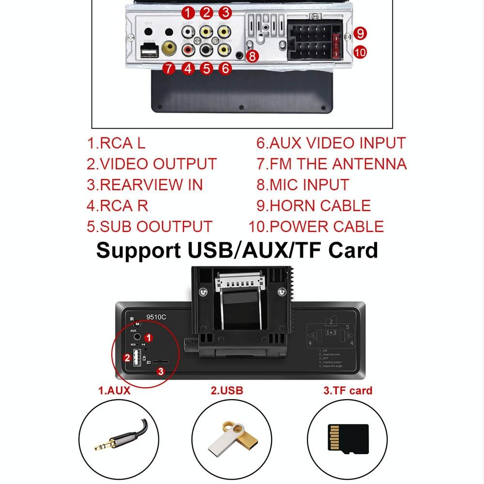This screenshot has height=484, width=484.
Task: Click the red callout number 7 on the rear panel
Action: point(168,69)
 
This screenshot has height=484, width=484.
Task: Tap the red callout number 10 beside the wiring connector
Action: point(360,52)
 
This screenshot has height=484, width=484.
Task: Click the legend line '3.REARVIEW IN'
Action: point(145,184)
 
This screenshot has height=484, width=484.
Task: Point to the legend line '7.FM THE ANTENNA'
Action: point(332,164)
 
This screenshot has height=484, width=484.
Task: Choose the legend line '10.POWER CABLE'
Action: point(316,226)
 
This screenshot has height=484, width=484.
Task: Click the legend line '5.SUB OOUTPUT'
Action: point(150,226)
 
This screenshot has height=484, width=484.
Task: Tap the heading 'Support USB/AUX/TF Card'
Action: point(237,250)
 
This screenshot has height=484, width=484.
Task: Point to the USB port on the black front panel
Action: point(136,358)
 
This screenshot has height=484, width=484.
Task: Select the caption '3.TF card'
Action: point(348,391)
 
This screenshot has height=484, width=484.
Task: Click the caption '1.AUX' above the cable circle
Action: point(114,391)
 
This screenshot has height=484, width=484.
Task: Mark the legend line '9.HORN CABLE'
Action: point(314,205)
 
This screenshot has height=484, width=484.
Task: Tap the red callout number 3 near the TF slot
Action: point(162,371)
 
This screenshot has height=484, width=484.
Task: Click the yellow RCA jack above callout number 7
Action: point(169,48)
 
